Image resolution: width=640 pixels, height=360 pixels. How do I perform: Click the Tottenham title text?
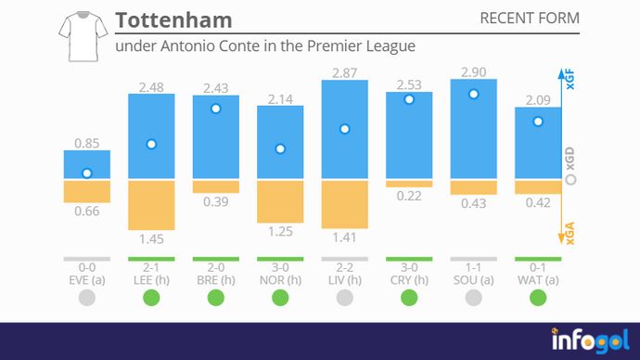coord(173,20)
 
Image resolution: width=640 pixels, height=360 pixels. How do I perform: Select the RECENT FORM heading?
coord(530,19)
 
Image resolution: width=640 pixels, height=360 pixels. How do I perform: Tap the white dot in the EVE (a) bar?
coord(87,174)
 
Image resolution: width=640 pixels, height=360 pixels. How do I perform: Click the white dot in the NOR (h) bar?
coord(280,149)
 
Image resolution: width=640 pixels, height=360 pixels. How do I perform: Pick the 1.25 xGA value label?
coord(280,231)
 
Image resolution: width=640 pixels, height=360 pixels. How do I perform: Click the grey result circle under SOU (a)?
coord(473,298)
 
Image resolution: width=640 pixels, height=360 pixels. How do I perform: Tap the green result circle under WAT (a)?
coord(538,298)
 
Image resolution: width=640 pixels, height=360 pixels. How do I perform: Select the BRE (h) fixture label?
coord(215,278)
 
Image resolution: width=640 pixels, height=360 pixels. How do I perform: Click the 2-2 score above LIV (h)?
coord(344,266)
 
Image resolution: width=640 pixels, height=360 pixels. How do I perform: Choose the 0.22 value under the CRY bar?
coord(409,196)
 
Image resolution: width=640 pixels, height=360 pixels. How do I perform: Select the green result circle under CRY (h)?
coord(409,298)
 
